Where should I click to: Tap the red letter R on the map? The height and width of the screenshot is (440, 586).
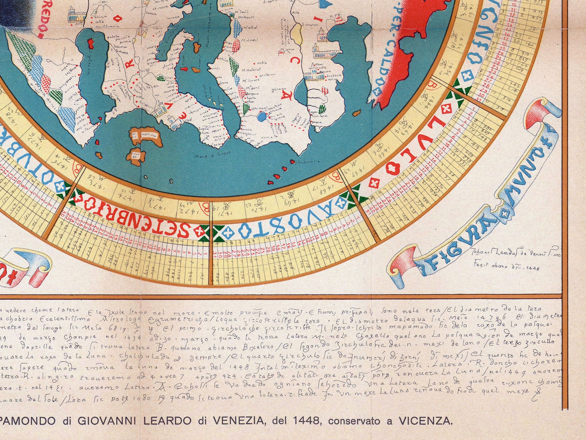point(129,65)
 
